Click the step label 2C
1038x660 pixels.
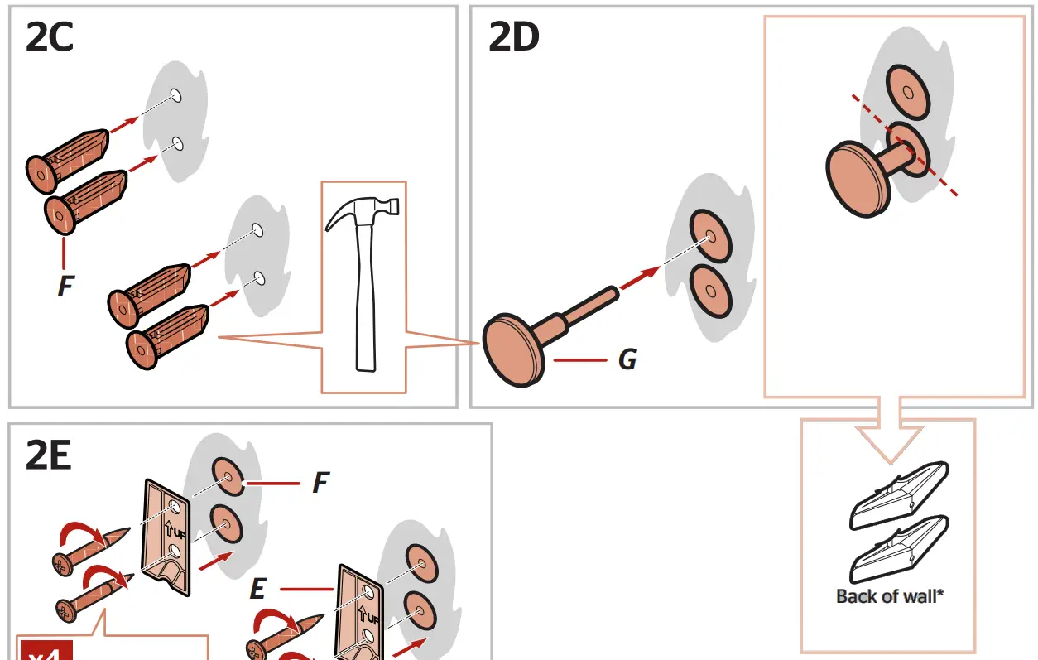point(50,38)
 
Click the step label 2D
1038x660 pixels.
point(513,38)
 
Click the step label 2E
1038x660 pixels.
point(49,455)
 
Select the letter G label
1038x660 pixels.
point(627,360)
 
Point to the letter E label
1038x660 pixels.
point(257,590)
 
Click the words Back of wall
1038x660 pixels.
point(889,596)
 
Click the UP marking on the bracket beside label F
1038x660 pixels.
point(175,529)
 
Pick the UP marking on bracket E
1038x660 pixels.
point(368,616)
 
